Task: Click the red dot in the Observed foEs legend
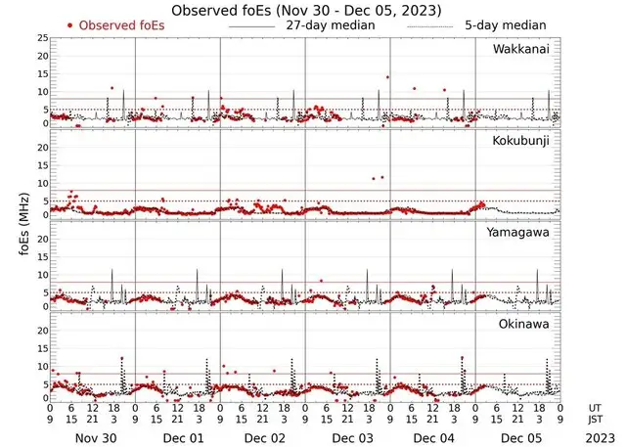coord(69,24)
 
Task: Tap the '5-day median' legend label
coord(505,24)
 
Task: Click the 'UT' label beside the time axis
coord(596,407)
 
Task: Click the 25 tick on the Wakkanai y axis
coord(42,37)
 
